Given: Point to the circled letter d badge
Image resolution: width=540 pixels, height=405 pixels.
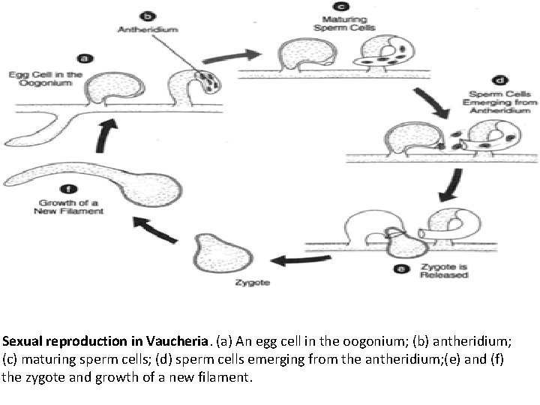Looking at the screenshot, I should [498, 80].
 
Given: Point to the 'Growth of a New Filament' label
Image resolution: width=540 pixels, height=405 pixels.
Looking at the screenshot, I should [69, 207].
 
